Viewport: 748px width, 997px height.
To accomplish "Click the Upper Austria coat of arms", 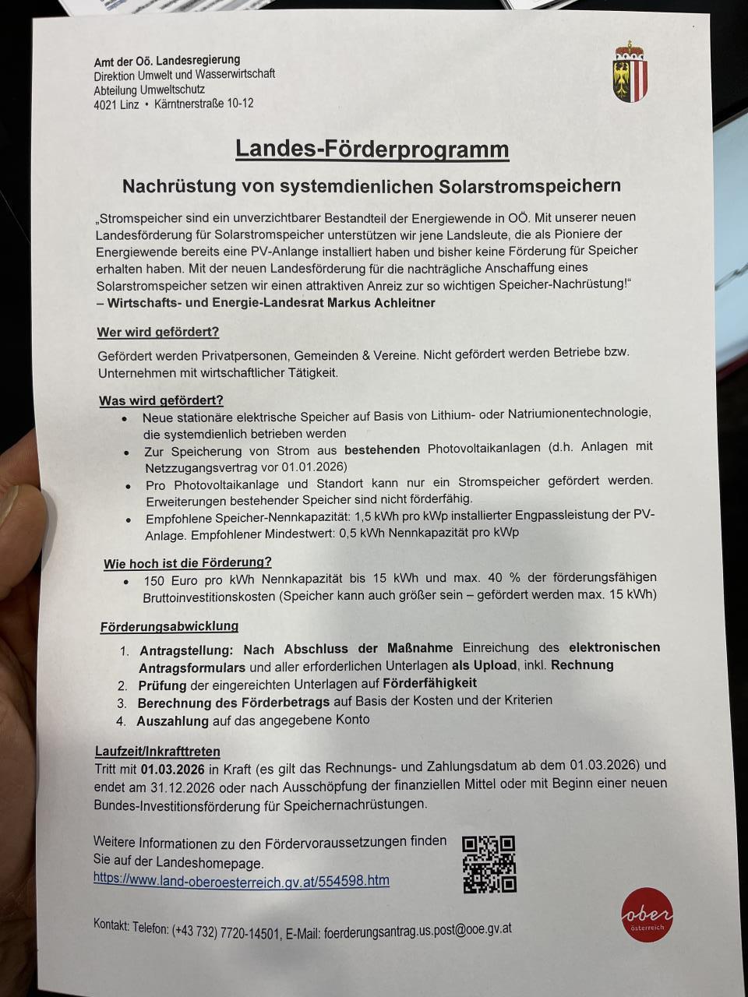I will tap(630, 72).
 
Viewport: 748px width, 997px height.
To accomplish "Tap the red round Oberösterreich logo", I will tap(647, 914).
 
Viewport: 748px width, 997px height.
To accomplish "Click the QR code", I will tap(489, 864).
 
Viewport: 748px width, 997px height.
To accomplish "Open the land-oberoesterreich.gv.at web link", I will tap(241, 880).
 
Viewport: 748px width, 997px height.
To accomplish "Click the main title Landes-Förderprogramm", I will tap(372, 149).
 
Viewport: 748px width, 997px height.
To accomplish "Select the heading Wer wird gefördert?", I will tap(157, 332).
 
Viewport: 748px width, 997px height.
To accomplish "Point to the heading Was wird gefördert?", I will tap(161, 400).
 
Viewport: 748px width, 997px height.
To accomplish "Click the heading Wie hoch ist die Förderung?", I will tap(187, 562).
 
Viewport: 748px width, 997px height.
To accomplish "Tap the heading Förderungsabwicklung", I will tap(169, 626).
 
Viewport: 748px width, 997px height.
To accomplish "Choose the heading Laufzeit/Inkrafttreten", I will tap(157, 752).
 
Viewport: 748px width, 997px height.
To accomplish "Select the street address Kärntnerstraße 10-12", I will tap(203, 104).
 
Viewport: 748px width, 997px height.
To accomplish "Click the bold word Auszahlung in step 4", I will tap(172, 721).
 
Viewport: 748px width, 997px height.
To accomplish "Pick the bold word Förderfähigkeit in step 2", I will tap(429, 683).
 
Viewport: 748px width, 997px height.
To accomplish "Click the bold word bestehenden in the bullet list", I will tap(382, 449).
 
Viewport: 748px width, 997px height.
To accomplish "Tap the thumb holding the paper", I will tap(19, 537).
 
